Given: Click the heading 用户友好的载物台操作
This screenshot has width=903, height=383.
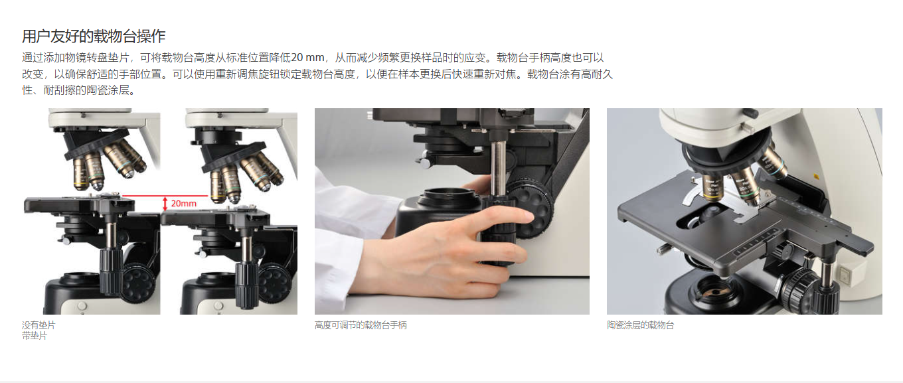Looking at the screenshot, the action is pos(94,37).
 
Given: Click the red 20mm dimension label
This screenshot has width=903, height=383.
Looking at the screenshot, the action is pos(184,204).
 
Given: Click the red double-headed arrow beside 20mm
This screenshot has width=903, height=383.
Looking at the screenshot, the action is pos(165,204).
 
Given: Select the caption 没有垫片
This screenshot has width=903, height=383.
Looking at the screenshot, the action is pos(39,325).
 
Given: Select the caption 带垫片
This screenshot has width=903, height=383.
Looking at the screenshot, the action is pos(35,335).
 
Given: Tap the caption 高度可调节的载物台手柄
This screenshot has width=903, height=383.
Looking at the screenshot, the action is pos(361,325).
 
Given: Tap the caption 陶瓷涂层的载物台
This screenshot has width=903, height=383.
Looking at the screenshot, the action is pos(640,325).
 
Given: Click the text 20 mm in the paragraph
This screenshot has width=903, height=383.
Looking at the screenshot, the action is pos(307,58).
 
